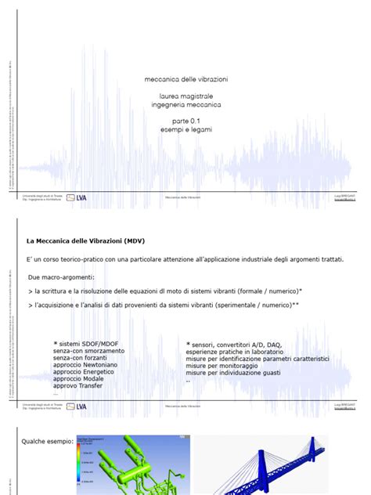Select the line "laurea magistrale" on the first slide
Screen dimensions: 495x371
[185, 96]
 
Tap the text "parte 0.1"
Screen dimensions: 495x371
[185, 121]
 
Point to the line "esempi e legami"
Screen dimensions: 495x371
[185, 129]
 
